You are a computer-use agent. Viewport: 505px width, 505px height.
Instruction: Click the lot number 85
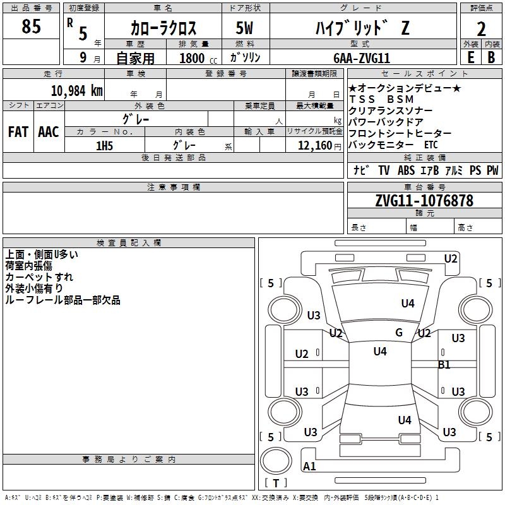tap(31, 27)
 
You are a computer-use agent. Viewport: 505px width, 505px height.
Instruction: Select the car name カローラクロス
tap(163, 28)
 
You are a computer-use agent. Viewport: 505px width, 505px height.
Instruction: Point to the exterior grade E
tap(470, 57)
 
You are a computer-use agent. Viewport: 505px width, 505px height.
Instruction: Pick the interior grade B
tap(491, 57)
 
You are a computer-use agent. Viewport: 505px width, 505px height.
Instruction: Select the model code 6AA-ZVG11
tap(362, 57)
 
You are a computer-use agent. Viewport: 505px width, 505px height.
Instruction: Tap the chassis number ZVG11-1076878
tap(424, 201)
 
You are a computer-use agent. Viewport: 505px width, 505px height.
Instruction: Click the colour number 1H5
tap(104, 145)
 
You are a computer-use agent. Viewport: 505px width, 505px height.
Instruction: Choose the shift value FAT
tap(18, 131)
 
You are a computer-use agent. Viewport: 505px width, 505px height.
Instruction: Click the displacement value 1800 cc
tap(196, 58)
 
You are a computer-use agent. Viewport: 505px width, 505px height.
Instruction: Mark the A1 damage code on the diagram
tap(309, 466)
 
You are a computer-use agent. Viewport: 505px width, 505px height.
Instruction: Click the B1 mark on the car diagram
tap(444, 364)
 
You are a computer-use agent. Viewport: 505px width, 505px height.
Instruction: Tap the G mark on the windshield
tap(398, 332)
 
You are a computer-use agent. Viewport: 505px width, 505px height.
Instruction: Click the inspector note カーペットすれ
tap(39, 277)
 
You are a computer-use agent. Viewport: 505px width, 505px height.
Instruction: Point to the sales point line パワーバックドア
tap(386, 122)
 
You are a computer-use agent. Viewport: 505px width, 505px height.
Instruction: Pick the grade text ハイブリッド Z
tap(362, 28)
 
